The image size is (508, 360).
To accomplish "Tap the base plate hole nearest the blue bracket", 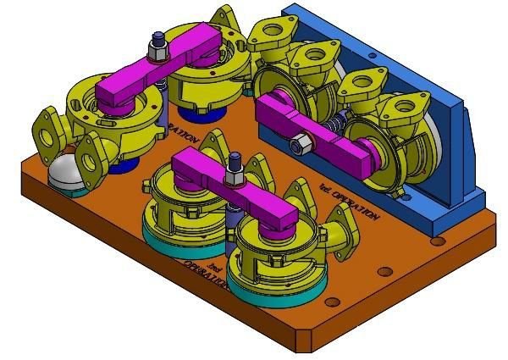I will point(435,240).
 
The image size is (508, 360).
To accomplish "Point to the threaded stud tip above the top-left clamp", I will point(157,38).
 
